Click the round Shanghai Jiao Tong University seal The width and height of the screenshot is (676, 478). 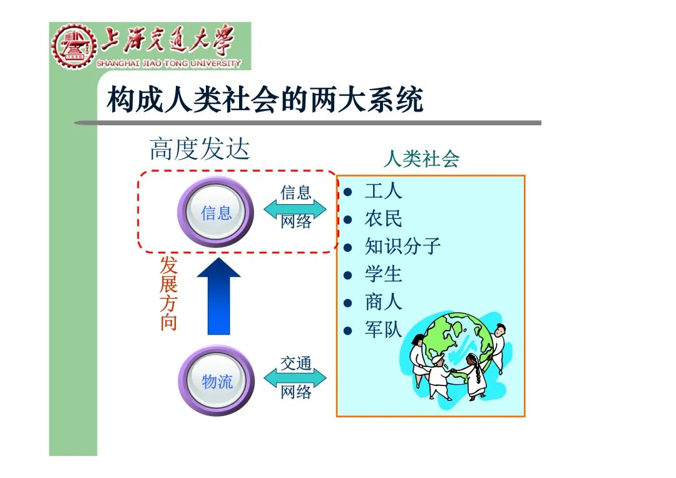74,46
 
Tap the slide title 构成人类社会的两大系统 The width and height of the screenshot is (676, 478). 265,100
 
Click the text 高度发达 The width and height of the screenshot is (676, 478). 200,150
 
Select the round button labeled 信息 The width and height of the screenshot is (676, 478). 217,214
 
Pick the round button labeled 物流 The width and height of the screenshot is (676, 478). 217,381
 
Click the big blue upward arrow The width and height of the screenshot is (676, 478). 219,296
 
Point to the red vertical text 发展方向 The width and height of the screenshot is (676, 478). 168,293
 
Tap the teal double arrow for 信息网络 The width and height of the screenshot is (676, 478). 295,208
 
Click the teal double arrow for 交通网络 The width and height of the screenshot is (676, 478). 295,378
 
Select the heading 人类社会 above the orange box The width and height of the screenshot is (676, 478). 421,159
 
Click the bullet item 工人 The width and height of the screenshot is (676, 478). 383,191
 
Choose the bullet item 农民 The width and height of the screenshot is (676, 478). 383,219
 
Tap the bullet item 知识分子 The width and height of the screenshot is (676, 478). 402,246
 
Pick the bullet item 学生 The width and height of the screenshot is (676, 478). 383,274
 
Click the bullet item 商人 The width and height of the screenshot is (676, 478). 383,302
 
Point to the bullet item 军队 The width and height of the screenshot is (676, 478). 383,330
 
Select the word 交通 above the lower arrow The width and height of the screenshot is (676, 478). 295,363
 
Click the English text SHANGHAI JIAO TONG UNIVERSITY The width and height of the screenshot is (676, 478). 168,63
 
